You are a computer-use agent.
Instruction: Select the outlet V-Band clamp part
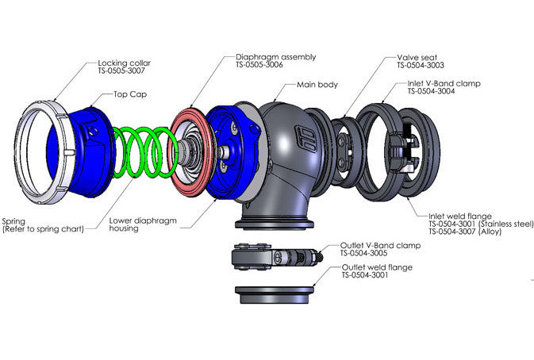274,255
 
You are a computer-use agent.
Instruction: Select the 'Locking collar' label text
125,62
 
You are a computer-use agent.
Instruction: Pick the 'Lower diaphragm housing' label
133,223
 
